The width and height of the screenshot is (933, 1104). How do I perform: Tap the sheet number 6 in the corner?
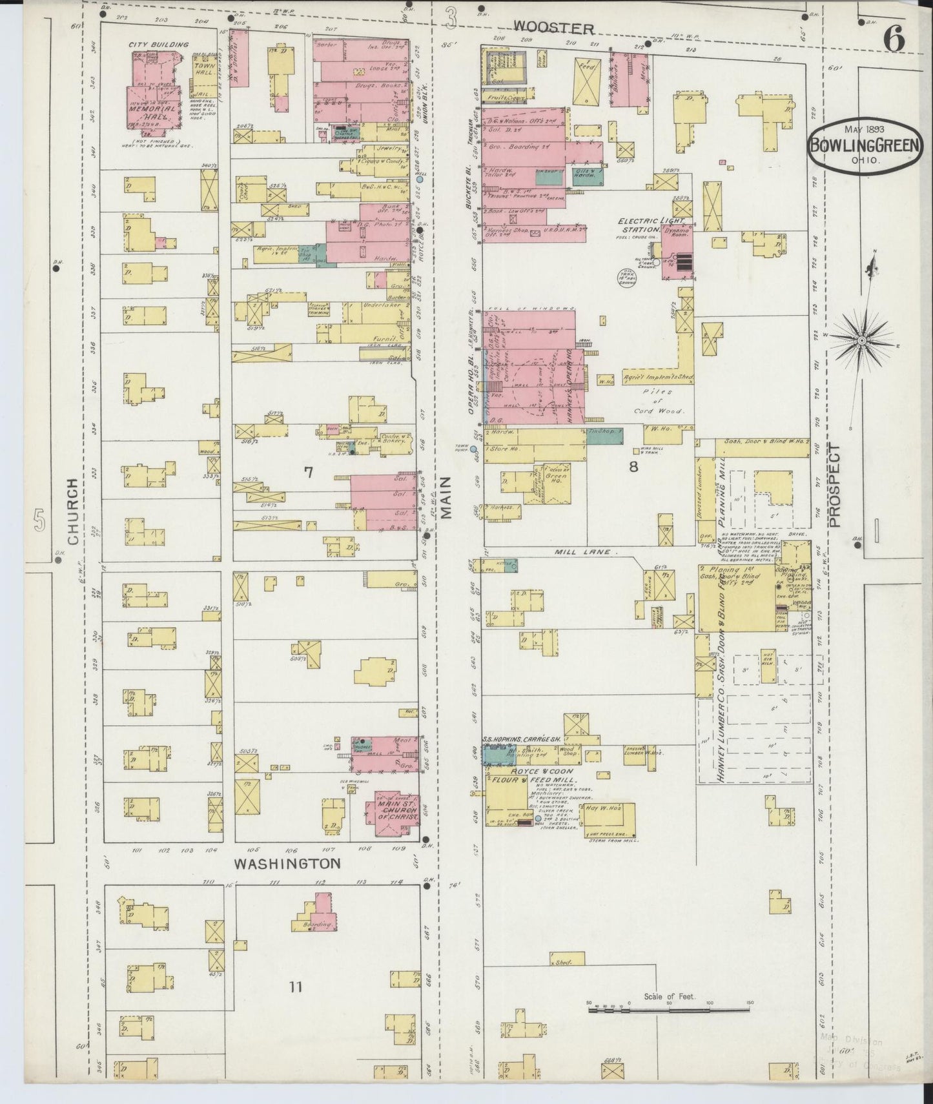[894, 41]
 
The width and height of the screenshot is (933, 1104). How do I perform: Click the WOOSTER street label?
[553, 28]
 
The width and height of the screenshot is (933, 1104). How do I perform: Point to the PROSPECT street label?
[836, 486]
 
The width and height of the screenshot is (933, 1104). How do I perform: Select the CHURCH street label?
[73, 511]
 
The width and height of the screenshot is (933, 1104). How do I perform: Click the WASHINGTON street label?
[287, 863]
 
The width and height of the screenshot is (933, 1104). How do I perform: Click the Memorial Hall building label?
[153, 110]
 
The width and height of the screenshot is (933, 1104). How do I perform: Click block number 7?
[308, 473]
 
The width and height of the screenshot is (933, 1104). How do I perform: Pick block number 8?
[633, 466]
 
